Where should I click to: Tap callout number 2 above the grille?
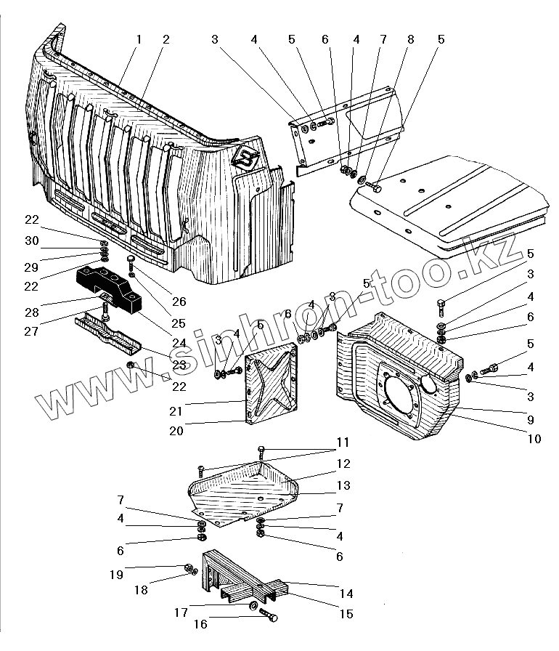click(x=166, y=39)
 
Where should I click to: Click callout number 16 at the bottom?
click(x=200, y=623)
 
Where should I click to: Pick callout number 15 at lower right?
click(x=346, y=615)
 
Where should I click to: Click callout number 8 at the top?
click(x=411, y=39)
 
